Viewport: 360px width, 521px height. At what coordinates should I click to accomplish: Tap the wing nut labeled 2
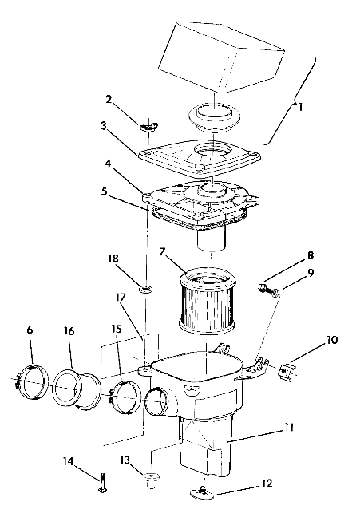tap(148, 125)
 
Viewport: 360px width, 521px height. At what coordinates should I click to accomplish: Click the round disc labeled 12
tap(206, 495)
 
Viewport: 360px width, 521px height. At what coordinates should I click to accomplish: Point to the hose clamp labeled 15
tap(125, 394)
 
